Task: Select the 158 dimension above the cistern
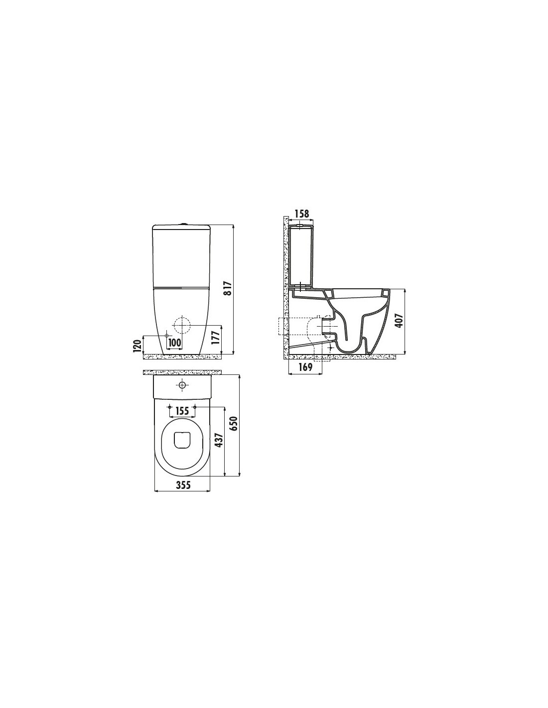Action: pos(302,214)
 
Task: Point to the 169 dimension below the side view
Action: pos(305,367)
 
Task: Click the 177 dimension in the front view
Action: pos(216,338)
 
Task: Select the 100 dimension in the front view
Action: pos(174,343)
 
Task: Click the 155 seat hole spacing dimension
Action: pos(182,411)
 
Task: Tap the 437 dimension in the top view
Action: pos(220,440)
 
